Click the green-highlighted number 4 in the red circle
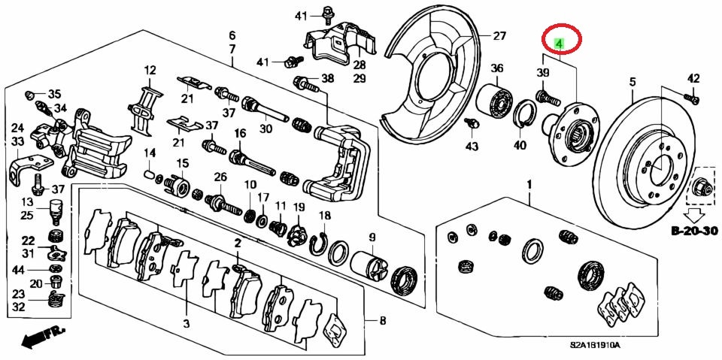559,44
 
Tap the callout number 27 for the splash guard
500,35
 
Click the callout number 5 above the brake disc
633,81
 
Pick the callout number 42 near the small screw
693,77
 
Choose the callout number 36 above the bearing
496,69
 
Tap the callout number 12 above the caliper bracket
150,71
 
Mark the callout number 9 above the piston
372,238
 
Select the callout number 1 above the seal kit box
529,184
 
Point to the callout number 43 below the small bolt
472,146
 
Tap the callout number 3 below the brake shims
186,325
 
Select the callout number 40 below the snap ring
520,146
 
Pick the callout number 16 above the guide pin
240,133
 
